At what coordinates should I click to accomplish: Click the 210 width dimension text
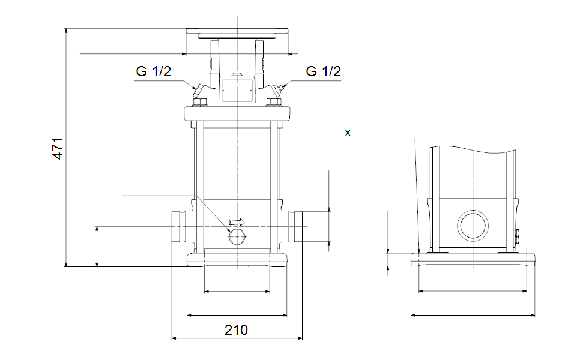(236, 329)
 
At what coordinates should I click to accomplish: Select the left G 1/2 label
(154, 72)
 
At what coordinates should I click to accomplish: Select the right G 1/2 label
(323, 72)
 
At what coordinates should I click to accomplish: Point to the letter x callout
(348, 133)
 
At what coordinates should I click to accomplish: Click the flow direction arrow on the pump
(238, 222)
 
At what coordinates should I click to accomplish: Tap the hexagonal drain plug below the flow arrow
(237, 238)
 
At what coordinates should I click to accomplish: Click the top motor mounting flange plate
(237, 32)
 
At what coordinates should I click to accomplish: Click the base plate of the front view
(238, 260)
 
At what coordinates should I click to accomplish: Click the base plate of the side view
(473, 260)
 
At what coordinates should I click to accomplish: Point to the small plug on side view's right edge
(518, 235)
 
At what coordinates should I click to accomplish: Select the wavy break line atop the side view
(473, 148)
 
